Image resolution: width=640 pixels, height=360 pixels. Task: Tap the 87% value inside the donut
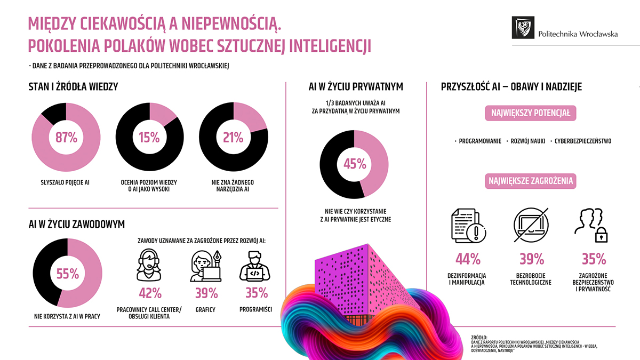66,137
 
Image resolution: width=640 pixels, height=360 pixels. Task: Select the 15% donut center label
149,137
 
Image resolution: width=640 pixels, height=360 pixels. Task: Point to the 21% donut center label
233,137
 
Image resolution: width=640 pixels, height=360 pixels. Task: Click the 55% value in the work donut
68,274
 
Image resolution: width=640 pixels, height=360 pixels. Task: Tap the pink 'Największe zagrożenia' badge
531,181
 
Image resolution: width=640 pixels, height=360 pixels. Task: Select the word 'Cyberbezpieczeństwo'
583,141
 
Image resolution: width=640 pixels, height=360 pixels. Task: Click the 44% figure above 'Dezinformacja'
468,260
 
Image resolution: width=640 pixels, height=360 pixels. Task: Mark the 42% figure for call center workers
150,293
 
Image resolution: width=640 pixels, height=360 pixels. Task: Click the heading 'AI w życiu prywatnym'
356,86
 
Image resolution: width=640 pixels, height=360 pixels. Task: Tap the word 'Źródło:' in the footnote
480,337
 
